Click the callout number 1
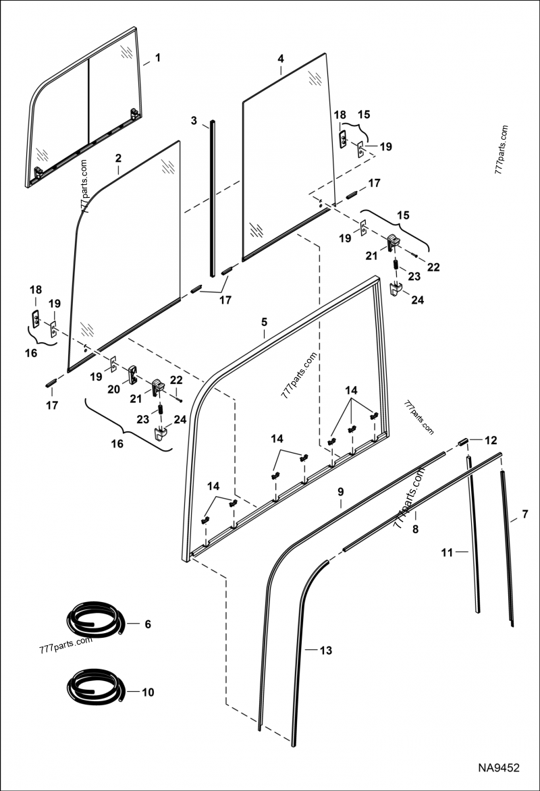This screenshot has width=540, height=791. [157, 58]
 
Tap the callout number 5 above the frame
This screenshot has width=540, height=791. [265, 323]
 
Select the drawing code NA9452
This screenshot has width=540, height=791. [499, 768]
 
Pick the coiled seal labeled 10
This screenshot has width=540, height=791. [94, 688]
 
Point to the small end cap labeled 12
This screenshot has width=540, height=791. [464, 441]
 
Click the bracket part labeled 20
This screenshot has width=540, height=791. [132, 372]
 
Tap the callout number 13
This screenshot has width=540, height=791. [326, 651]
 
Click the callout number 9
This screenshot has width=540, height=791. [341, 492]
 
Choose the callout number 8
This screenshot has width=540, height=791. [416, 530]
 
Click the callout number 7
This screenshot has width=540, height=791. [525, 517]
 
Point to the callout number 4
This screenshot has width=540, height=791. [280, 59]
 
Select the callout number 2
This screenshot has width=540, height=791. [118, 159]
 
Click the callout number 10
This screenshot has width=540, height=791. [148, 692]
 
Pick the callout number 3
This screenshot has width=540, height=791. [194, 121]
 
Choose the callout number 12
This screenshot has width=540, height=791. [490, 440]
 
